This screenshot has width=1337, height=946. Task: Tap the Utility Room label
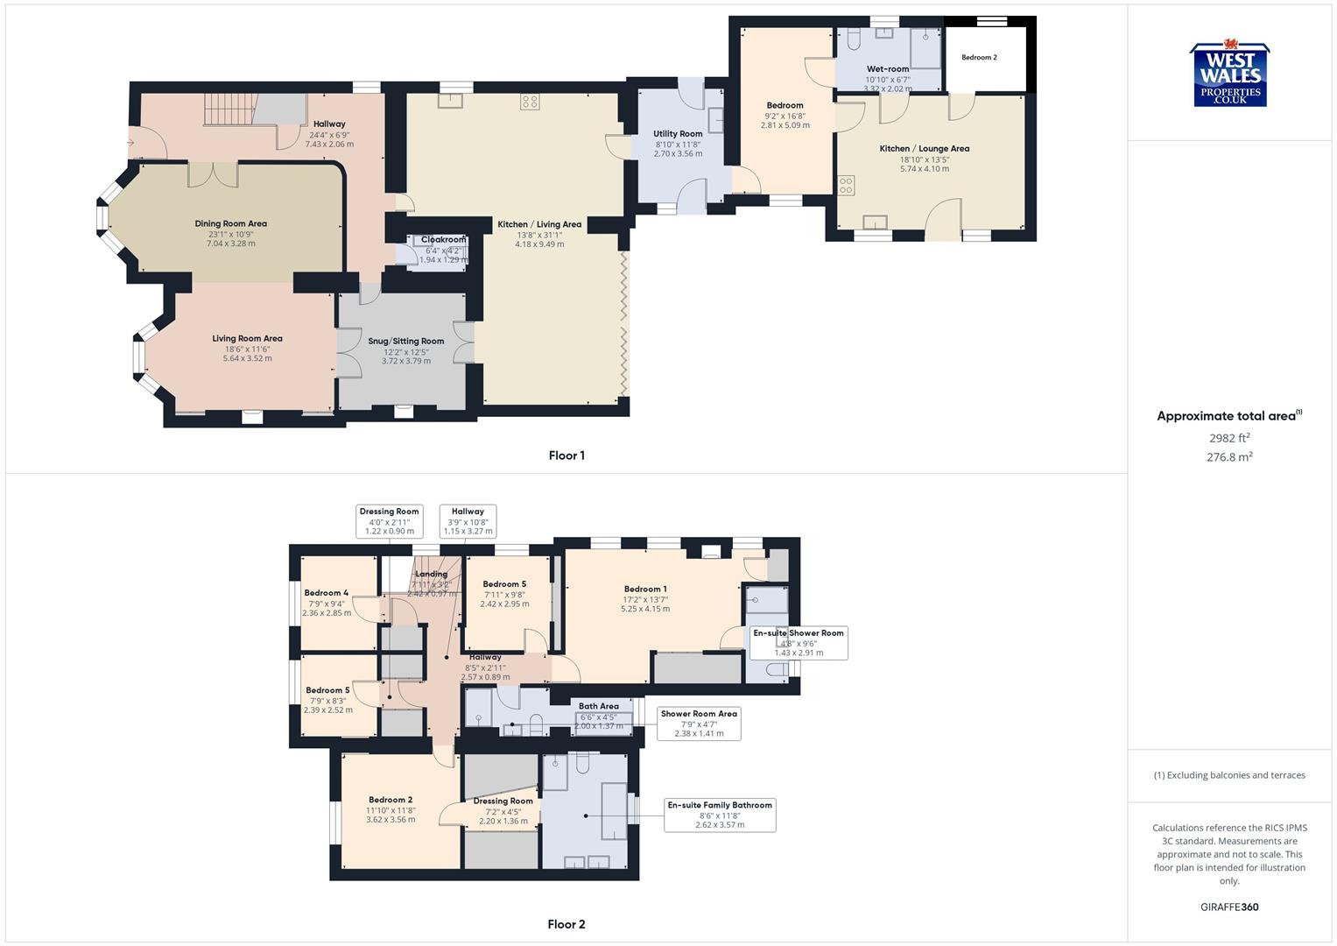pos(678,134)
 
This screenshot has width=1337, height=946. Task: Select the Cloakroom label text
pos(443,240)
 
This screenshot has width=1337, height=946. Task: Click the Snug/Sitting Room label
pos(406,342)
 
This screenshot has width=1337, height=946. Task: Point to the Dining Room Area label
pos(231,224)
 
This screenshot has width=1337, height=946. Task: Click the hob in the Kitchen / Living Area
pos(530,102)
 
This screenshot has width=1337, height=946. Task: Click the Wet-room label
pos(888,69)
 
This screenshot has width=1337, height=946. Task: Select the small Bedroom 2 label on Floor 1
pos(979,58)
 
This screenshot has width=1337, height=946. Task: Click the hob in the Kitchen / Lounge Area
pos(847,186)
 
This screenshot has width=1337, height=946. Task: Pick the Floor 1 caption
pos(566,455)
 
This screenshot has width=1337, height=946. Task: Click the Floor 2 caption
pos(566,924)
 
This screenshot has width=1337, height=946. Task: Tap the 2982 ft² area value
pos(1229,438)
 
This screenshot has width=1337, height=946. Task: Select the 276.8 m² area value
pos(1229,457)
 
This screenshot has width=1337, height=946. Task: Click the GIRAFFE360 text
pos(1229,907)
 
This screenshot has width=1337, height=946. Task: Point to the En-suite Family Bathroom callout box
pos(720,815)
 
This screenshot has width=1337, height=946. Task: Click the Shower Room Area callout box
pos(699,724)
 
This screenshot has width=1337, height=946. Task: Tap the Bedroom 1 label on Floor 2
pos(645,589)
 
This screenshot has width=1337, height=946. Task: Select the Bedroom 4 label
pos(327,593)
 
